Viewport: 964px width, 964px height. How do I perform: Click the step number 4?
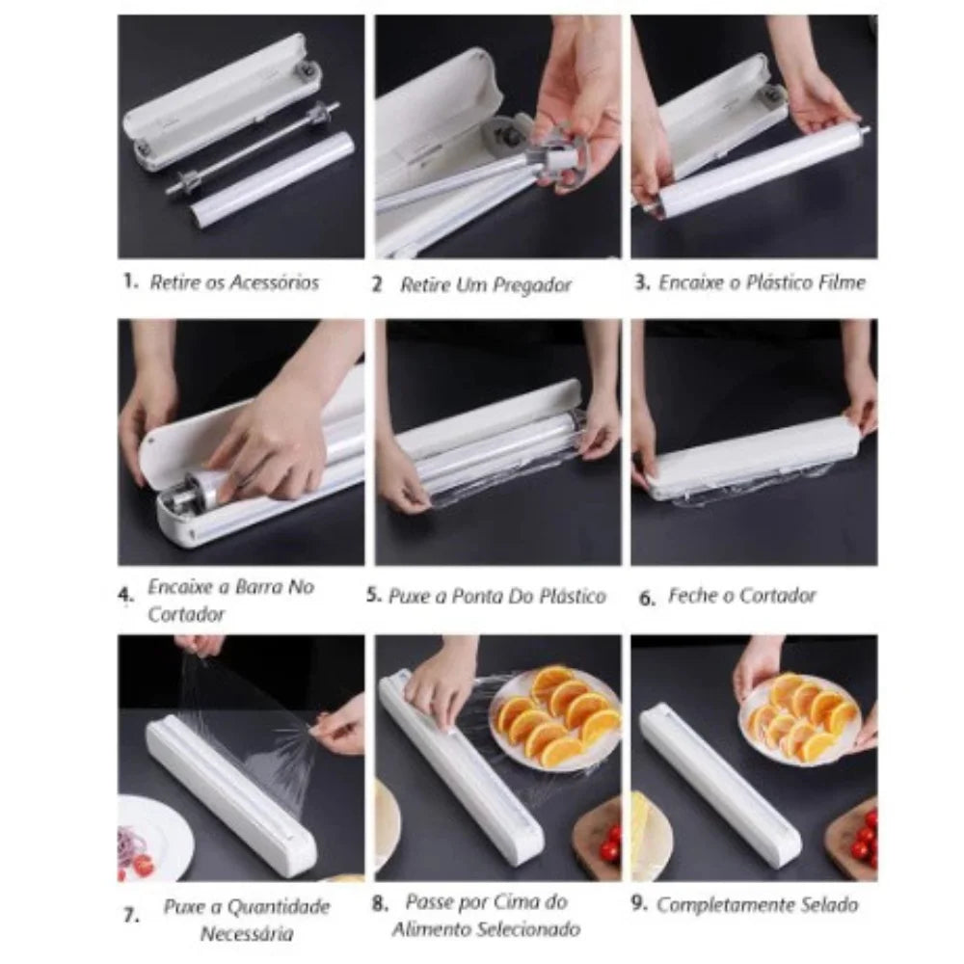(125, 597)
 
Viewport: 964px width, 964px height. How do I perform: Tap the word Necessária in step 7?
(247, 933)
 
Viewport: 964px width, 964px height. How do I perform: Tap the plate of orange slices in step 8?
(554, 718)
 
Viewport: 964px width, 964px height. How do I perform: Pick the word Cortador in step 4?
(186, 615)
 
